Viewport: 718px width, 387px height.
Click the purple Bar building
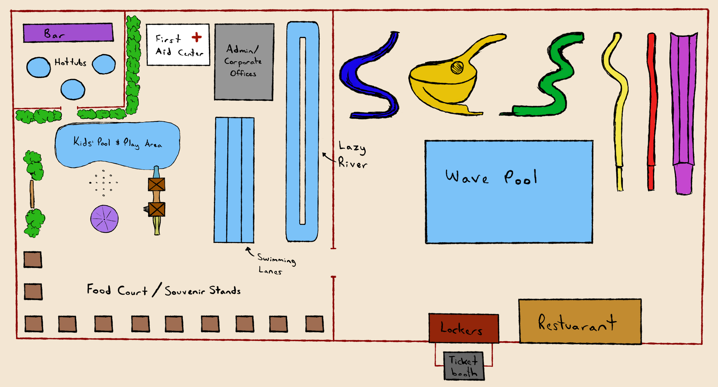pos(68,33)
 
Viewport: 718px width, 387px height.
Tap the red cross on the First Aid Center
pos(197,37)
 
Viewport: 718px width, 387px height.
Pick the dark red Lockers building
pos(463,328)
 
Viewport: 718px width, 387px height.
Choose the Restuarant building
pos(580,321)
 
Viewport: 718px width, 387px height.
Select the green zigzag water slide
pos(555,81)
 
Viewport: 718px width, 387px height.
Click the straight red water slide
pos(652,112)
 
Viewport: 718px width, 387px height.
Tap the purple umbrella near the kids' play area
pos(104,219)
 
